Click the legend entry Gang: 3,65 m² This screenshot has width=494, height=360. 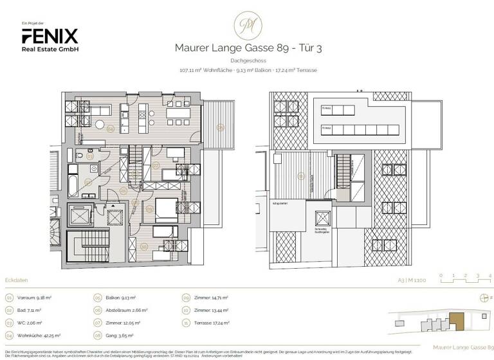[x=120, y=334]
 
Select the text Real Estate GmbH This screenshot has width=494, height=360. [x=50, y=49]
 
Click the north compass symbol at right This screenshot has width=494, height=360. [x=482, y=298]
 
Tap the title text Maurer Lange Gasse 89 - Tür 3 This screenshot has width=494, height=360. [x=246, y=47]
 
